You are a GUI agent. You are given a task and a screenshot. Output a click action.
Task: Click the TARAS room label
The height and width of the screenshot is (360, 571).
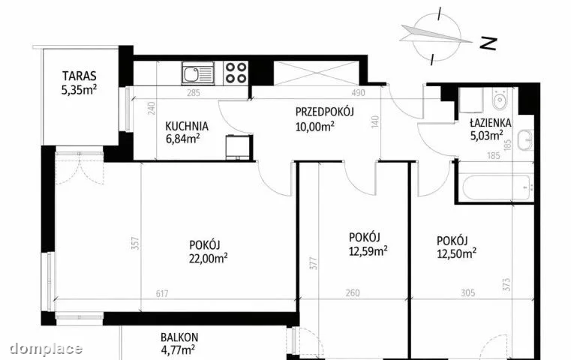tap(79, 76)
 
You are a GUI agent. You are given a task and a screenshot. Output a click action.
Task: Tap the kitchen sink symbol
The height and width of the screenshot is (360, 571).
tap(198, 73)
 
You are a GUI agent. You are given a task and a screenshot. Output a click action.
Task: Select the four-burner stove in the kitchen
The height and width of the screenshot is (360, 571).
tap(236, 73)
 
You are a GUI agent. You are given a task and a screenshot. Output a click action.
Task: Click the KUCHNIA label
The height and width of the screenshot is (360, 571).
tap(187, 126)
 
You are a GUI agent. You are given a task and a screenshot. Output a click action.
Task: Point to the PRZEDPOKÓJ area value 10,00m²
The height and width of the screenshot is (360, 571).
tap(315, 127)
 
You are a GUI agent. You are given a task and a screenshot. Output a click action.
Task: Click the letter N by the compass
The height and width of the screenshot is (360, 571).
tap(488, 43)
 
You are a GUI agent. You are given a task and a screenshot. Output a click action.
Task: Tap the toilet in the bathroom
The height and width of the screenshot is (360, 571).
tap(500, 98)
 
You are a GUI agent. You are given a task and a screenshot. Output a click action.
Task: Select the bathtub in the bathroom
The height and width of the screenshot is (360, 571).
tap(497, 187)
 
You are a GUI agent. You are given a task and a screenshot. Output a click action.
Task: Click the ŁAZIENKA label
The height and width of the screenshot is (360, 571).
tap(490, 123)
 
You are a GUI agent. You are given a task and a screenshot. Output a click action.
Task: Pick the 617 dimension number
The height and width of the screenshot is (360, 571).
tap(162, 293)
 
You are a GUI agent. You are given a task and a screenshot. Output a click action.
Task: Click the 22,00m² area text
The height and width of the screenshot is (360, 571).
tap(209, 258)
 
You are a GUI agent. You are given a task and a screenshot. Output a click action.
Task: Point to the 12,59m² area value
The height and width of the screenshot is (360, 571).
tap(368, 250)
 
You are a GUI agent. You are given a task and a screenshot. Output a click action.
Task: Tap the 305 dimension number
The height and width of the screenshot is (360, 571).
tap(468, 292)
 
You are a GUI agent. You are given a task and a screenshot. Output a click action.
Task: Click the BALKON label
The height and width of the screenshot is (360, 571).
tap(179, 337)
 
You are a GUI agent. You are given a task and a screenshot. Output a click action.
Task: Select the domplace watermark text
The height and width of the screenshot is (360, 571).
tap(46, 349)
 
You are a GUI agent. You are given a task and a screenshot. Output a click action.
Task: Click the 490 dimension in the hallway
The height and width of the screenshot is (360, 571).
tap(358, 93)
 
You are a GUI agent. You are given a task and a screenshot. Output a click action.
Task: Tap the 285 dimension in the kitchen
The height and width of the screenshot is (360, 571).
tap(194, 93)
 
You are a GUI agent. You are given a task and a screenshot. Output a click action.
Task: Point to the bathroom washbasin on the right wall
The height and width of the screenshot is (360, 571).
tap(525, 139)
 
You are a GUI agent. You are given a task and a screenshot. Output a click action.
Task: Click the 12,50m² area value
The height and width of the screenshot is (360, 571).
tap(457, 253)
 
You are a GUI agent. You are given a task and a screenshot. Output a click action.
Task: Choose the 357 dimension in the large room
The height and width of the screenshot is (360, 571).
tap(135, 243)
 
